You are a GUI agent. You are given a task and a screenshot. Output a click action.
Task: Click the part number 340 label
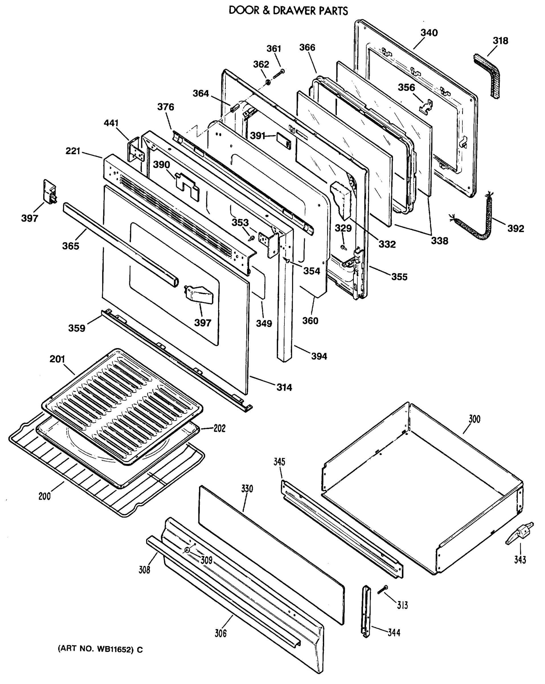tap(429, 33)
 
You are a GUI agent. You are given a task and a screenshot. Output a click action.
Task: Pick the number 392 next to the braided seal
tap(515, 228)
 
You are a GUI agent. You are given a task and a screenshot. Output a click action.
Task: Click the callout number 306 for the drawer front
tap(221, 633)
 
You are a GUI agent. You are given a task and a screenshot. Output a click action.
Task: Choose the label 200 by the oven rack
tap(44, 496)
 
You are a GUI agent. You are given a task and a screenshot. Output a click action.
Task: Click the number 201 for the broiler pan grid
tap(57, 359)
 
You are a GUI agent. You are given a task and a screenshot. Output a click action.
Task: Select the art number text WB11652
tap(114, 650)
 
